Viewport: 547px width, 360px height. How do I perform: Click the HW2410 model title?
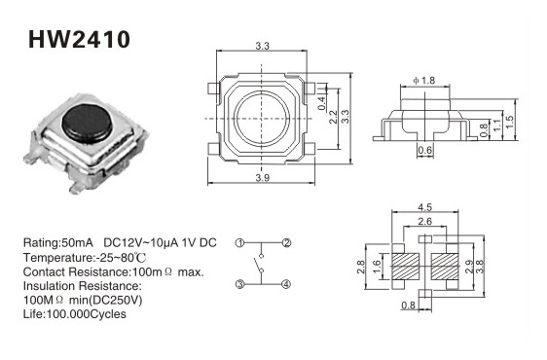click(x=79, y=39)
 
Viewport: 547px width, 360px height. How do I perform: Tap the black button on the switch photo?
click(x=88, y=123)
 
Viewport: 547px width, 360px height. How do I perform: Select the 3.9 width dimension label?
click(x=263, y=177)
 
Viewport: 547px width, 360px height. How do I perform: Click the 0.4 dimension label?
click(x=321, y=103)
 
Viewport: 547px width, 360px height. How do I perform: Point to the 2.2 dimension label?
click(x=333, y=117)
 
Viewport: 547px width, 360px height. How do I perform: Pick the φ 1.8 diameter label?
click(x=423, y=80)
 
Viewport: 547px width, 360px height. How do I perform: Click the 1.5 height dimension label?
click(x=510, y=122)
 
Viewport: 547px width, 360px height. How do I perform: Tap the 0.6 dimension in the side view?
click(x=425, y=151)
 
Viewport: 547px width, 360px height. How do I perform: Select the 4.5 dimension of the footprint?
click(x=425, y=207)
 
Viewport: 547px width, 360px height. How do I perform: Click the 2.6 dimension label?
click(x=425, y=221)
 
